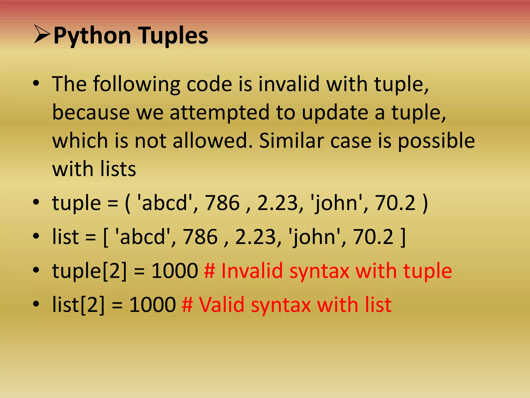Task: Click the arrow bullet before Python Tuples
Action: (42, 34)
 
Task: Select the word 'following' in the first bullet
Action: (137, 84)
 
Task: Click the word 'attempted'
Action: (219, 112)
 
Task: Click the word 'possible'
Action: (436, 141)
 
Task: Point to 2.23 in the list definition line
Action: (256, 237)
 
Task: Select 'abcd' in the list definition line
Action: (143, 237)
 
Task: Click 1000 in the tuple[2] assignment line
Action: (175, 271)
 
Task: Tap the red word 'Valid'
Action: (222, 305)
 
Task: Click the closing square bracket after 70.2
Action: (403, 237)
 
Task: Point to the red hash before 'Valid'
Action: (187, 305)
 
